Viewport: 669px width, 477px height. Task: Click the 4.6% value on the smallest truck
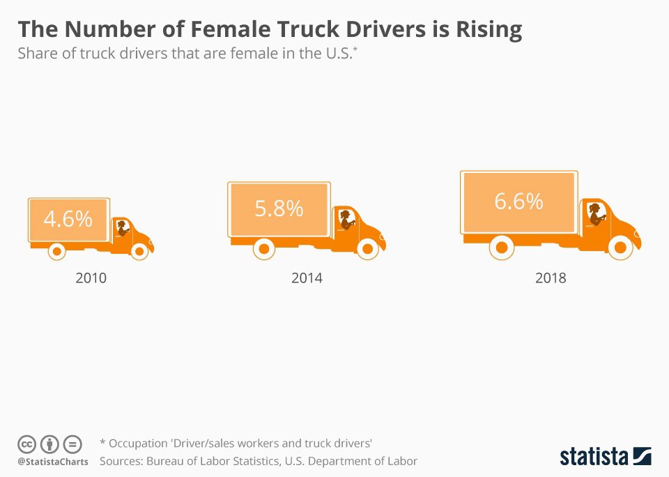(68, 219)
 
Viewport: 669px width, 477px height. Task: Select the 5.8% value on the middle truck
(279, 208)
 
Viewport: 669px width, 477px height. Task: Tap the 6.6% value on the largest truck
(518, 201)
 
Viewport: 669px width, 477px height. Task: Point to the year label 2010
(91, 278)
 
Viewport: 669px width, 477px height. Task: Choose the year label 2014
(307, 278)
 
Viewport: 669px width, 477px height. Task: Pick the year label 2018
(551, 278)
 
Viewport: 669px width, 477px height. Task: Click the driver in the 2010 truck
(123, 227)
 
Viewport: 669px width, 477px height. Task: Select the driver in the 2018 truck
(597, 213)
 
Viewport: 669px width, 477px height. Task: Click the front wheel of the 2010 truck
(140, 250)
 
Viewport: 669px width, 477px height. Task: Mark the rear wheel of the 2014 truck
(263, 248)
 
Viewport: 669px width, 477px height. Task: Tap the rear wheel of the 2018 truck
(501, 246)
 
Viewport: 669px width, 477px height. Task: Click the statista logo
(606, 457)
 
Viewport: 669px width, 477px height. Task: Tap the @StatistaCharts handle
(53, 462)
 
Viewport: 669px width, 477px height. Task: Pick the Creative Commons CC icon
(26, 444)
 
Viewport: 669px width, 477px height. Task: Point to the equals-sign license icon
(72, 444)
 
